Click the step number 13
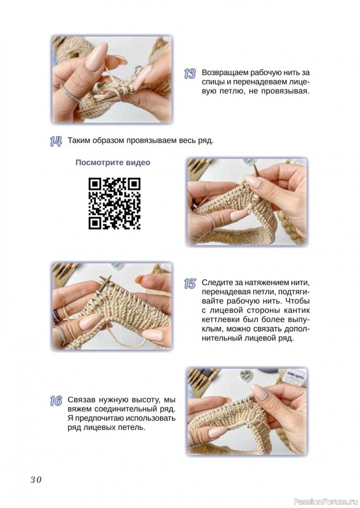click(190, 74)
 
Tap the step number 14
click(56, 141)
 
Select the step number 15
click(190, 284)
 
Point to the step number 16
click(56, 401)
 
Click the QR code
click(114, 203)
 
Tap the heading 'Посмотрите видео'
click(113, 163)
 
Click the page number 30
click(36, 479)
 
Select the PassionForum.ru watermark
click(326, 502)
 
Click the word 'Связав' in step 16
click(81, 399)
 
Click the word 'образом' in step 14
click(107, 141)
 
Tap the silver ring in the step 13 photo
click(69, 93)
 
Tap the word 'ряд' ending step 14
click(206, 141)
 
